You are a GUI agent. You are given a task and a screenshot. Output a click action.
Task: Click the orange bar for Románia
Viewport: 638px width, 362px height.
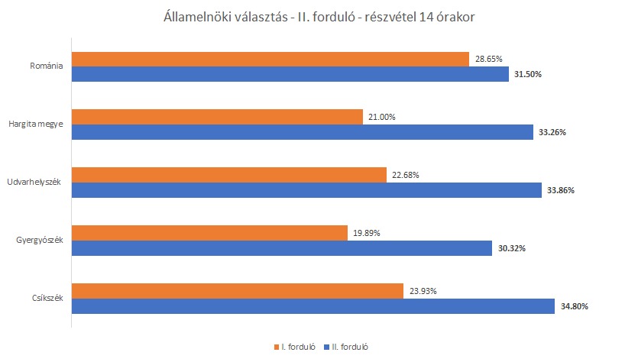click(x=270, y=59)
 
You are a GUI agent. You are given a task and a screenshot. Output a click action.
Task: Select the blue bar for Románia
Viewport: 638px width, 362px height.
click(x=290, y=74)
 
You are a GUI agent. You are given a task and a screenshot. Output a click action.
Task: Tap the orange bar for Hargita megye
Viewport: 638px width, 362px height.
click(x=217, y=117)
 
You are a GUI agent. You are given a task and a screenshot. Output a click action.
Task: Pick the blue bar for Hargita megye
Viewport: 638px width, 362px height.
click(x=302, y=132)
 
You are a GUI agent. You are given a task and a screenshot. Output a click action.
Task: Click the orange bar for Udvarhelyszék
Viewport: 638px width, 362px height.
click(x=229, y=175)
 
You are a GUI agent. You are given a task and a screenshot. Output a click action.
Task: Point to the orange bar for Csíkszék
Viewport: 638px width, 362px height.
click(x=237, y=291)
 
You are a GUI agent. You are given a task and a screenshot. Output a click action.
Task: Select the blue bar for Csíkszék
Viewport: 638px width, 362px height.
click(x=313, y=306)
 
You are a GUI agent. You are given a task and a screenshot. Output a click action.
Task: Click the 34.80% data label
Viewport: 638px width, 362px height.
click(x=574, y=306)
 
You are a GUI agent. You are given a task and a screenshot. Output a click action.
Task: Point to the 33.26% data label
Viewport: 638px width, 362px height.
click(x=552, y=132)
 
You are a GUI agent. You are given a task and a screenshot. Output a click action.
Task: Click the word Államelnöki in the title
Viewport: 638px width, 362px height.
click(x=197, y=16)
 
